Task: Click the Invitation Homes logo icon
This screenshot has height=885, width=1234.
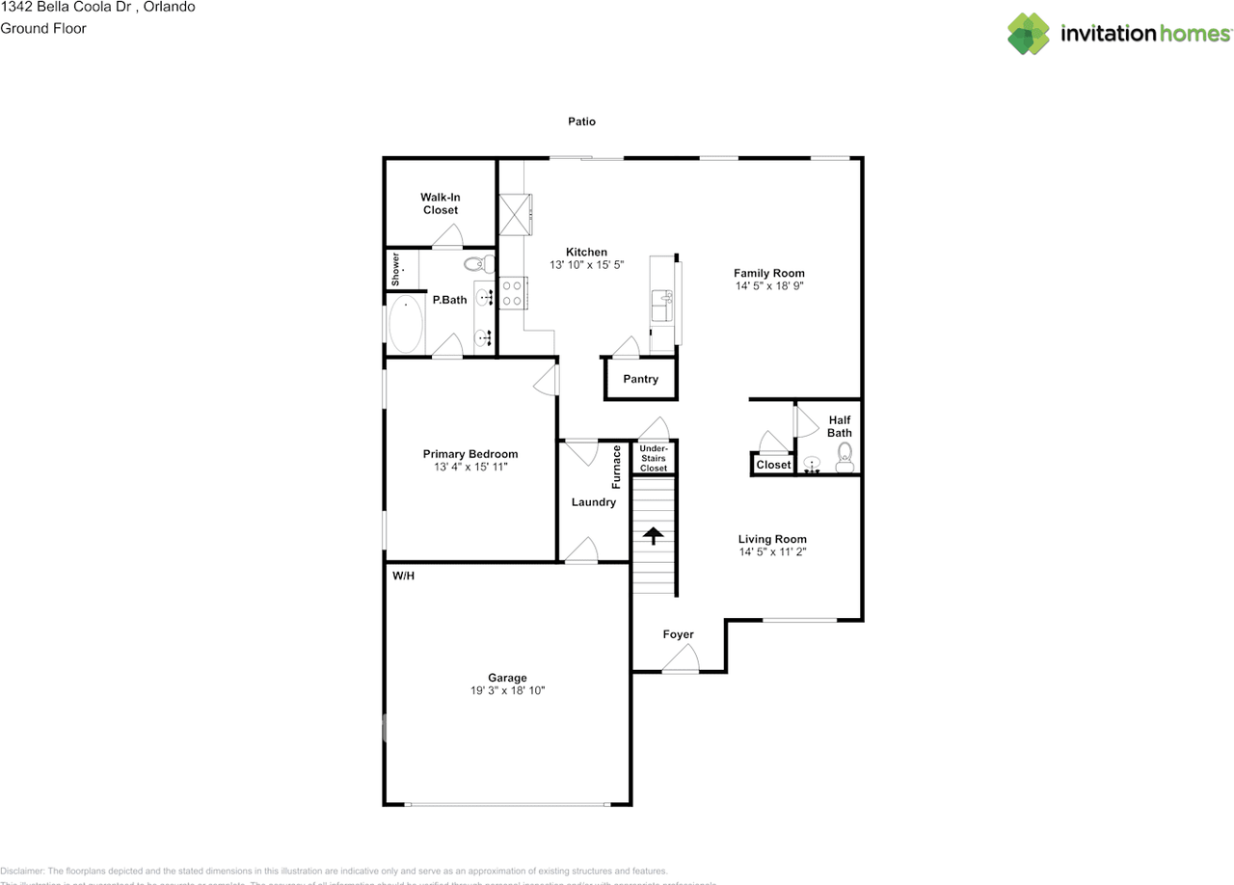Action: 1029,34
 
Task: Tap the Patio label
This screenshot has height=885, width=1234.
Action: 581,121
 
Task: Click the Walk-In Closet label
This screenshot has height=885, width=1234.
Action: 440,203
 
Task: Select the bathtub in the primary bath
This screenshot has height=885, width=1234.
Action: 406,326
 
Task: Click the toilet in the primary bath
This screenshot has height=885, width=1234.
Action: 477,262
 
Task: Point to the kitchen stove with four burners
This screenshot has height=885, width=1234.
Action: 511,292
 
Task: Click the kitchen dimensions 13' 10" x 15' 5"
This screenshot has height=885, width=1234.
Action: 586,264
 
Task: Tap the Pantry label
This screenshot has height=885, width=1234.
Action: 640,379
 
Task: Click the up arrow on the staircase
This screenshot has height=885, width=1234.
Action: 654,535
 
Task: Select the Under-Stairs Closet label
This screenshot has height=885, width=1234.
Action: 654,458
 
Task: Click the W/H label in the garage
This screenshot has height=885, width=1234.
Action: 403,576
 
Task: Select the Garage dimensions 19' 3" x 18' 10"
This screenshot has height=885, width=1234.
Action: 507,690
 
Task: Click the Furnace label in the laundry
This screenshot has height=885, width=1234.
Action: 616,467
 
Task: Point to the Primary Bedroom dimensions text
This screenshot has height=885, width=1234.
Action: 470,467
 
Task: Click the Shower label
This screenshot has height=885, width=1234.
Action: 395,269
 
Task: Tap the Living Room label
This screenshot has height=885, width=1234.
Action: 772,539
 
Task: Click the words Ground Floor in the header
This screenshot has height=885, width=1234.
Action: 43,28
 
